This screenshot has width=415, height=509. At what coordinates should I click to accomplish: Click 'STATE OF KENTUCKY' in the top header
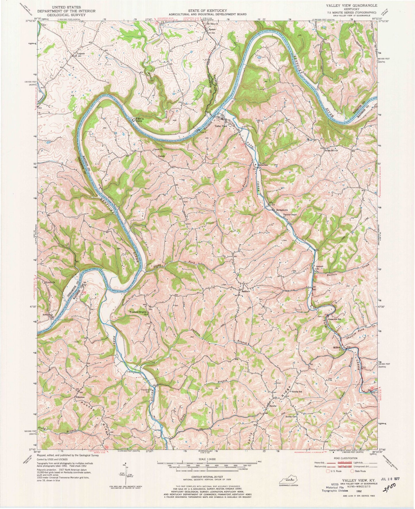(207, 11)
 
